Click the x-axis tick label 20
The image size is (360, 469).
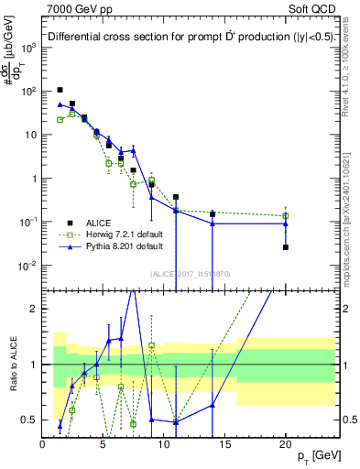click(x=285, y=443)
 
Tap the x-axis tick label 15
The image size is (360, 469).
click(x=224, y=443)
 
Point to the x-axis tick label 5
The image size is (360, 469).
click(x=104, y=443)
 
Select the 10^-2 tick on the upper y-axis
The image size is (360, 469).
click(x=27, y=266)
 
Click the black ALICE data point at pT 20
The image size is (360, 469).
click(x=286, y=247)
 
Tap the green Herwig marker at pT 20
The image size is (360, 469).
click(x=286, y=216)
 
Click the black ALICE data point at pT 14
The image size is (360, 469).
click(x=213, y=214)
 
